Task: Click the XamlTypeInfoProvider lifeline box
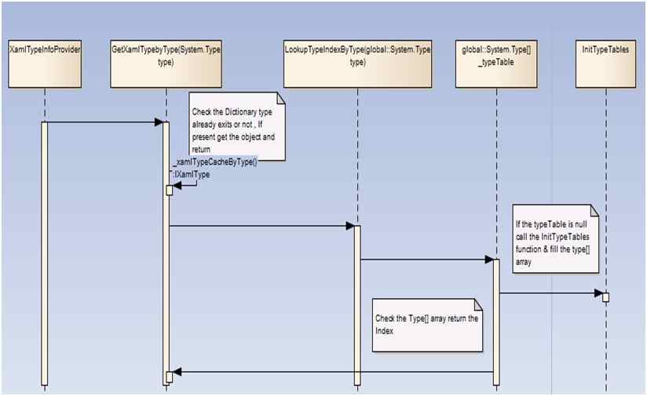pyautogui.click(x=45, y=62)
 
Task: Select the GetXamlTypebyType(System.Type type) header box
pyautogui.click(x=165, y=62)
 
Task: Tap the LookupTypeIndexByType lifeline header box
pyautogui.click(x=356, y=62)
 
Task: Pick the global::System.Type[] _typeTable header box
pyautogui.click(x=495, y=62)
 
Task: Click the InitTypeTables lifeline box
pyautogui.click(x=605, y=62)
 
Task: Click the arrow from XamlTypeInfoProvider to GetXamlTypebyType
pyautogui.click(x=102, y=122)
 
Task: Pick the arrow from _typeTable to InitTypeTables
pyautogui.click(x=550, y=294)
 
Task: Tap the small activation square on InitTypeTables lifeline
pyautogui.click(x=605, y=296)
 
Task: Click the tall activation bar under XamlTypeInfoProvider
pyautogui.click(x=45, y=251)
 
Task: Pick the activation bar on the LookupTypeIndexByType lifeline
pyautogui.click(x=356, y=306)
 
